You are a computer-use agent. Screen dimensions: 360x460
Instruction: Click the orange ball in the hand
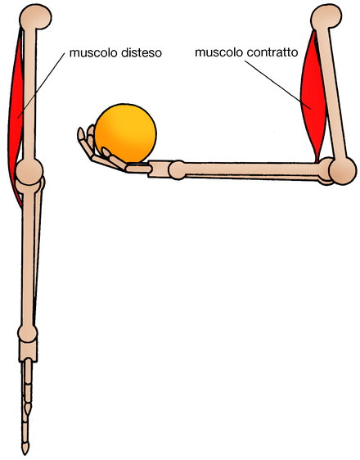125,133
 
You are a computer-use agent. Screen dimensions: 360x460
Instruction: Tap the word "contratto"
272,52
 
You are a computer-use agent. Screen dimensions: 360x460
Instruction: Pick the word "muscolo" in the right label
219,52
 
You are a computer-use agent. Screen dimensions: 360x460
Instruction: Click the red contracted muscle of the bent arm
313,97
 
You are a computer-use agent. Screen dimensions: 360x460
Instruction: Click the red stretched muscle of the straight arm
16,117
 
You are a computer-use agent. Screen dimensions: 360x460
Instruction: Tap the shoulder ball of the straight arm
35,16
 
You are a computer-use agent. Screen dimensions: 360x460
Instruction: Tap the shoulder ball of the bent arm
326,16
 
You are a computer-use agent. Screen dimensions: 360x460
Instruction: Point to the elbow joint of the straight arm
29,172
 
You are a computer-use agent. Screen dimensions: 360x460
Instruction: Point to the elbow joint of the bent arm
343,171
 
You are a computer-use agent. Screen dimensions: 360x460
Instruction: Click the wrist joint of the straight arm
28,333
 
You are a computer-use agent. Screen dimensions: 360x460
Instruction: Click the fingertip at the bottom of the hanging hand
25,449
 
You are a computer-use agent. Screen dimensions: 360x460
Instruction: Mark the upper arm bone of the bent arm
333,93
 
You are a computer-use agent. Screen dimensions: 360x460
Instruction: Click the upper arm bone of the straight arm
29,94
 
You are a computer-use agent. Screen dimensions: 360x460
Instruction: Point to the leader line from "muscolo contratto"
278,85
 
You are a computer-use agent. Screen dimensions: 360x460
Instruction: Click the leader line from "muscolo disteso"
41,86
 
